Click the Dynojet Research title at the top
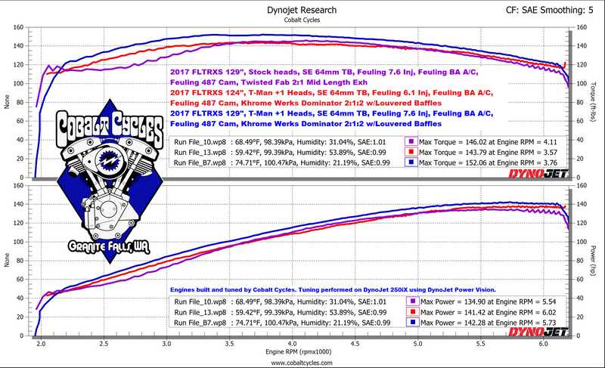302,10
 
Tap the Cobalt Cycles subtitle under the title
302,20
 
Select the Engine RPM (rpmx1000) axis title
300,351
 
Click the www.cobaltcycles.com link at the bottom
302,362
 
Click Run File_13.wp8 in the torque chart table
197,151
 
